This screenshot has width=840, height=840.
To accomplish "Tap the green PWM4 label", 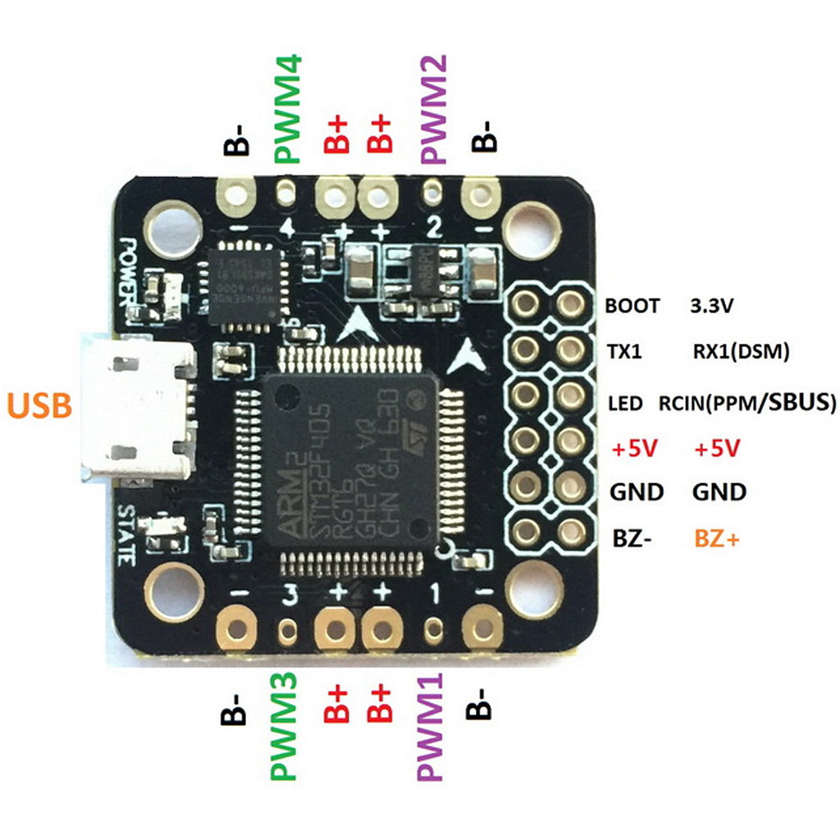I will pyautogui.click(x=288, y=109).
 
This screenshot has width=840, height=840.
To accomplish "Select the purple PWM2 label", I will pyautogui.click(x=432, y=109).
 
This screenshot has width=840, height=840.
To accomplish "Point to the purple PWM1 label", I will pyautogui.click(x=431, y=727).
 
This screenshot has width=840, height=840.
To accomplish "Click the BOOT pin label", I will pyautogui.click(x=632, y=307).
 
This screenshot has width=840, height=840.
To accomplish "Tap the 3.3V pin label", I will pyautogui.click(x=712, y=307).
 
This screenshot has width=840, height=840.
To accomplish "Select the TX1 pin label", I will pyautogui.click(x=624, y=353).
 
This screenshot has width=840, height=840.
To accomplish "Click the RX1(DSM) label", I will pyautogui.click(x=741, y=353).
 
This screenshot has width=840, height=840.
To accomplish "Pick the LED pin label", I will pyautogui.click(x=625, y=404).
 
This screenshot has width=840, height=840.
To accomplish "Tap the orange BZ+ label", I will pyautogui.click(x=718, y=539).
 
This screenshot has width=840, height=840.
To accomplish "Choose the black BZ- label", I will pyautogui.click(x=632, y=539).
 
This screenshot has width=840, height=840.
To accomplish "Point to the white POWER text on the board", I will pyautogui.click(x=129, y=271).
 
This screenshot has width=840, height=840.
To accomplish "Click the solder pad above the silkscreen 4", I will pyautogui.click(x=286, y=194).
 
